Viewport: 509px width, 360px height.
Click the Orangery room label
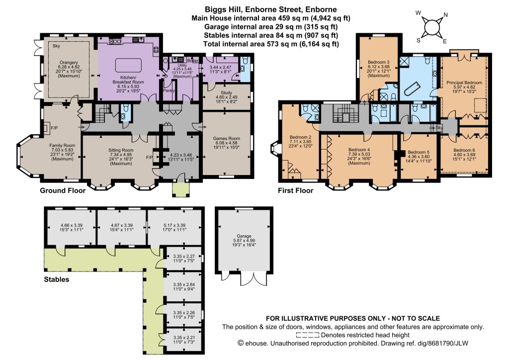point(69,62)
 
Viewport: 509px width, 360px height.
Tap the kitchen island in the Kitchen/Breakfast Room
point(129,65)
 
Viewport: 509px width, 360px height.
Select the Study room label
point(227,93)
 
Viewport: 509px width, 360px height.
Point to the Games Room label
point(227,138)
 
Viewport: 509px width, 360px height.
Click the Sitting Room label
point(121,150)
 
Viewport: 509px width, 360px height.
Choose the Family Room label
point(62,145)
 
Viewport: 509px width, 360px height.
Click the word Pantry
point(169,90)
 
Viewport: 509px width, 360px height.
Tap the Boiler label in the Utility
point(193,61)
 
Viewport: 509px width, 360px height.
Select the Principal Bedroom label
point(464,83)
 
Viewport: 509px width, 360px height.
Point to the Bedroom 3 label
point(378,62)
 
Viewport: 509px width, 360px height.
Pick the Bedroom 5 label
point(419,152)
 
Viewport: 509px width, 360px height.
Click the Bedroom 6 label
point(464,150)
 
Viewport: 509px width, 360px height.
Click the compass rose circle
point(431,27)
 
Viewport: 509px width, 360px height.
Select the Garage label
point(244,236)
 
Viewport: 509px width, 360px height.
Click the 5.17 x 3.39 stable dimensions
point(174,225)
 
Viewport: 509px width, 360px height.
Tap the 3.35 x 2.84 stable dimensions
point(184,285)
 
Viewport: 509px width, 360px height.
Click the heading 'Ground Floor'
point(63,190)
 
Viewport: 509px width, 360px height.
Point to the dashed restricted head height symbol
point(307,335)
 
